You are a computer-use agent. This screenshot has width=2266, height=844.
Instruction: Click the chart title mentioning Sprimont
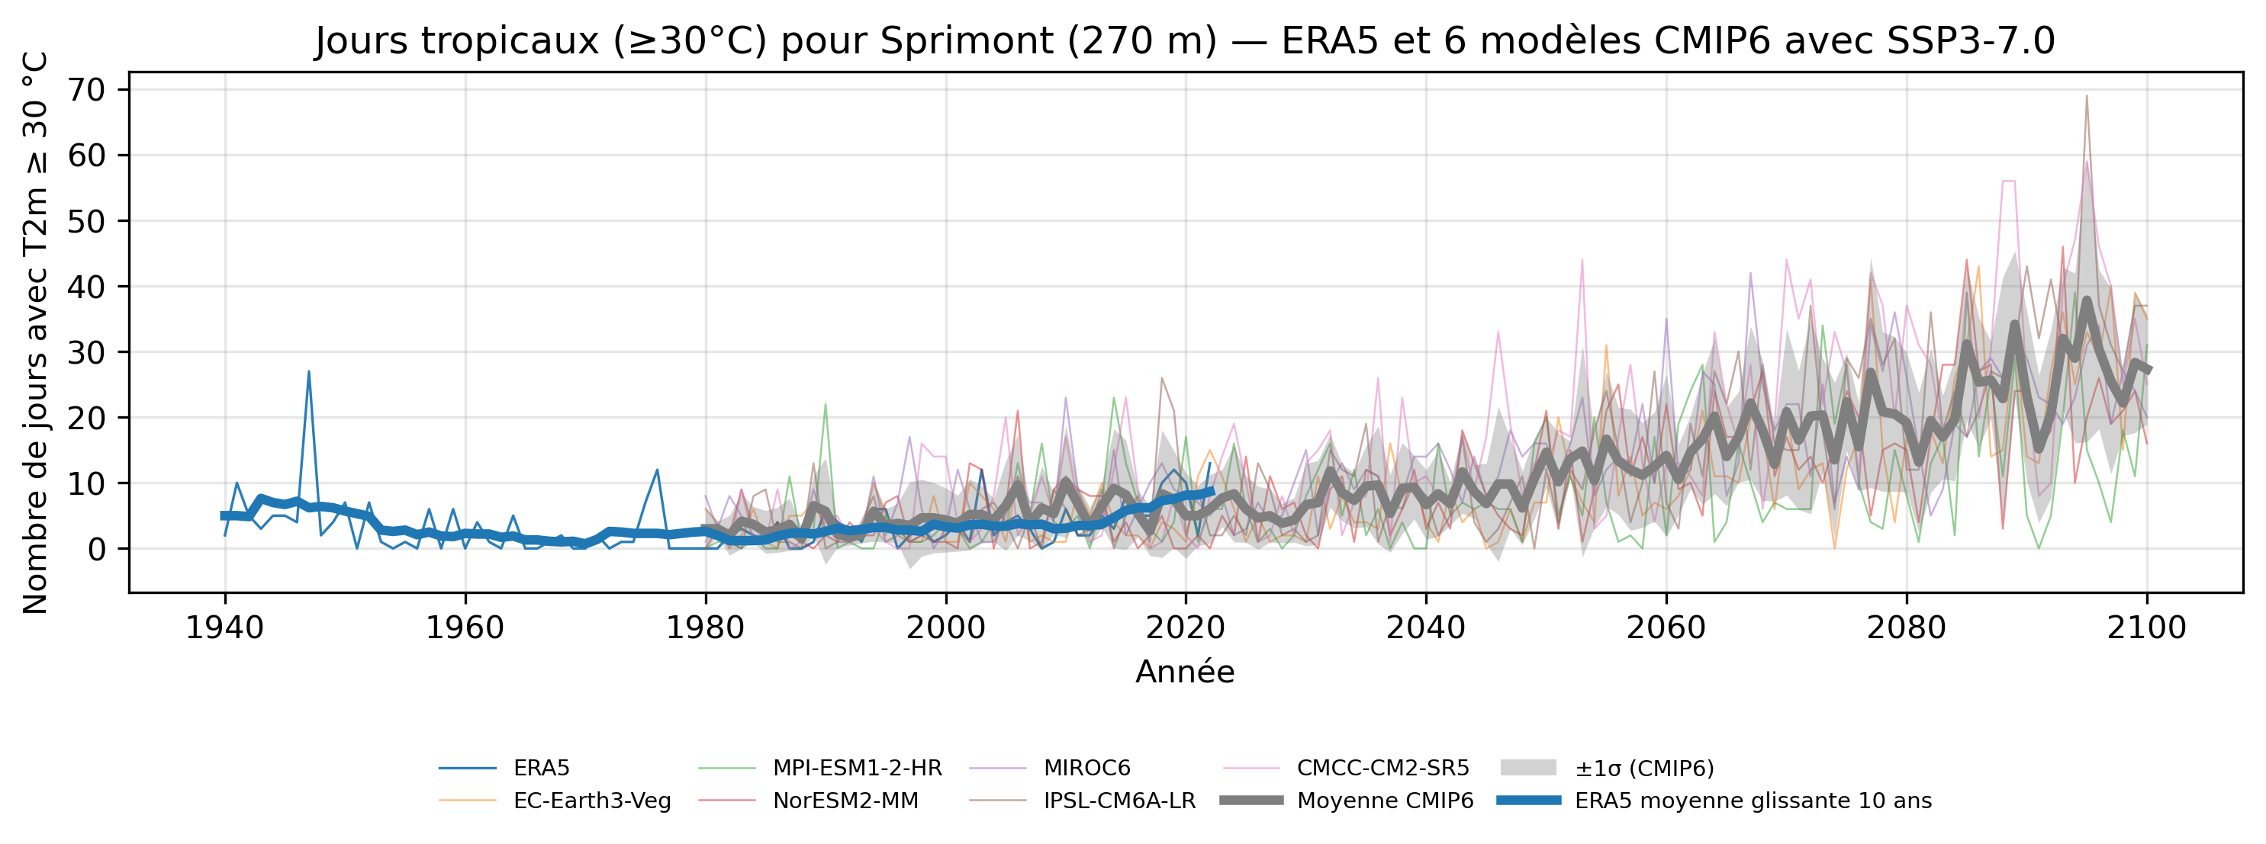point(1185,41)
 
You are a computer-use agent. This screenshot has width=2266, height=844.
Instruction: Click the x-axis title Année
point(1185,672)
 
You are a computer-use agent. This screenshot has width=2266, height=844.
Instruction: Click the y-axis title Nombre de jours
point(35,332)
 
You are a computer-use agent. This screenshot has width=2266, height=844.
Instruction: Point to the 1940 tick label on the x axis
point(224,627)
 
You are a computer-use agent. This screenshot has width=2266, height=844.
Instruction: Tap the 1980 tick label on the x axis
point(705,627)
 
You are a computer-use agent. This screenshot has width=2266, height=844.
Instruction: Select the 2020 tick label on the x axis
point(1185,627)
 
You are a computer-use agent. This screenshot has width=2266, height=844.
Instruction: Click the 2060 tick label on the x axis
point(1666,627)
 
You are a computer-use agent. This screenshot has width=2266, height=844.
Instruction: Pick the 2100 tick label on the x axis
point(2146,627)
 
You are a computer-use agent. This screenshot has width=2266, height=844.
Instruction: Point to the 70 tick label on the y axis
point(86,90)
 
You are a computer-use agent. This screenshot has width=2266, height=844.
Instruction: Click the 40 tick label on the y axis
point(86,287)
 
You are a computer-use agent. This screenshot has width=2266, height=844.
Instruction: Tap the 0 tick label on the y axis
point(97,550)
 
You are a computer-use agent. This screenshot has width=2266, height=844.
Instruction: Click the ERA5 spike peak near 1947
point(309,372)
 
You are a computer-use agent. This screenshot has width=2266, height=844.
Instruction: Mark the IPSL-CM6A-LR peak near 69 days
point(2087,96)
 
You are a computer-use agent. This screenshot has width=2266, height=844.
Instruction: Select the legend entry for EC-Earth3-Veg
point(592,801)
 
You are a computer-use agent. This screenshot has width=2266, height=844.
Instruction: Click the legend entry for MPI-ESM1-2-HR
point(857,769)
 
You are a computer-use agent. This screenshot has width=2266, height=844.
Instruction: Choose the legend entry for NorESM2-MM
point(845,801)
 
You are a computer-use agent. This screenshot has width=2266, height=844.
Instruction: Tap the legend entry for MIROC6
point(1086,769)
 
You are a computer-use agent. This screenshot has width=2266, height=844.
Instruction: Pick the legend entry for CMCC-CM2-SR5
point(1382,769)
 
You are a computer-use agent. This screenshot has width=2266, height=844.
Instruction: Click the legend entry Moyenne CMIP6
point(1385,801)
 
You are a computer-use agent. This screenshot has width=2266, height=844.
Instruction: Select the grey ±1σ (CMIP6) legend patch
point(1528,769)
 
